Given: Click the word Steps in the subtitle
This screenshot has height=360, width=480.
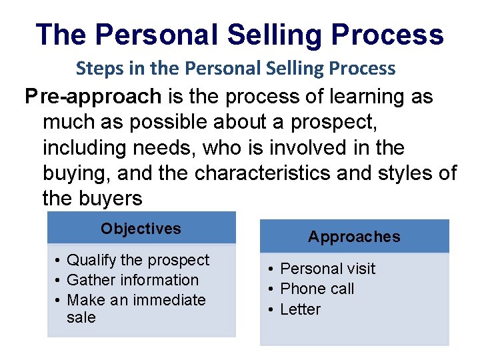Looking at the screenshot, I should pyautogui.click(x=98, y=68).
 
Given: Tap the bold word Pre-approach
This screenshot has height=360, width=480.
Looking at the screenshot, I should pyautogui.click(x=93, y=97).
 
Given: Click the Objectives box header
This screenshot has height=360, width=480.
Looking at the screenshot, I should pyautogui.click(x=141, y=229).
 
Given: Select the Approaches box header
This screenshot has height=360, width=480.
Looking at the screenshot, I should pyautogui.click(x=354, y=237).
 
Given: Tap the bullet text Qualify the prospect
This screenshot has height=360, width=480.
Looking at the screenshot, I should pyautogui.click(x=138, y=260).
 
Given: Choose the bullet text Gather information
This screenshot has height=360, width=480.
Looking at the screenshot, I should pyautogui.click(x=133, y=280).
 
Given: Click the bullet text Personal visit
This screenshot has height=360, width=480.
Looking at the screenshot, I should pyautogui.click(x=327, y=269).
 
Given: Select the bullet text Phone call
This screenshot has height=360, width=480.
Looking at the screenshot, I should pyautogui.click(x=317, y=289).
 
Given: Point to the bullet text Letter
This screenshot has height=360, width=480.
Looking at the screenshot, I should pyautogui.click(x=300, y=309).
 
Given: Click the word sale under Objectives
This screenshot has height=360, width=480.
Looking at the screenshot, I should pyautogui.click(x=81, y=318).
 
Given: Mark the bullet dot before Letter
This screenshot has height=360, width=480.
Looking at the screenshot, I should pyautogui.click(x=272, y=309).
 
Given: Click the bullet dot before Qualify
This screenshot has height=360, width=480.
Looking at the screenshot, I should pyautogui.click(x=59, y=260).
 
